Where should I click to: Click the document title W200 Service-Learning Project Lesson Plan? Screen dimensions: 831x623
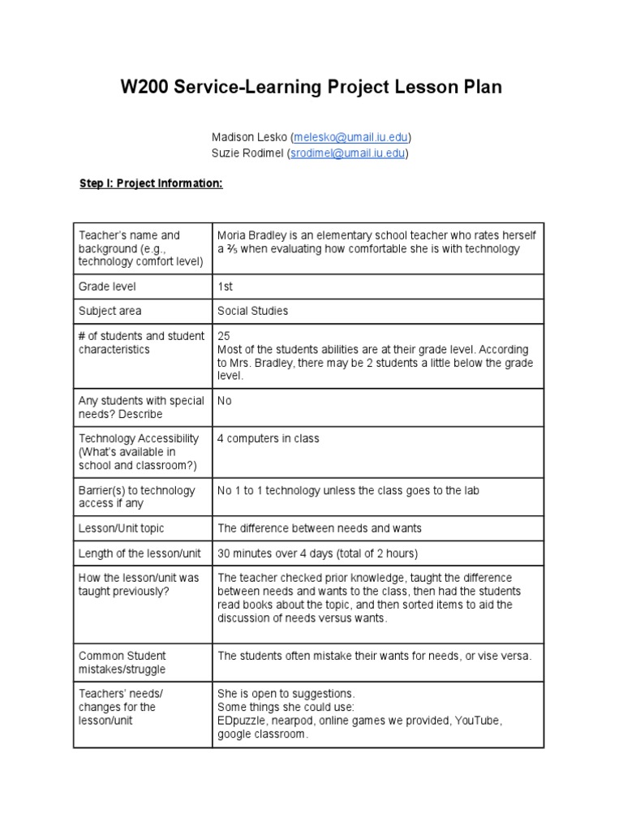click(311, 87)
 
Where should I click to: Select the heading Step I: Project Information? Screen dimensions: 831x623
click(150, 183)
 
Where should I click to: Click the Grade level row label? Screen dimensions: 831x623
click(107, 286)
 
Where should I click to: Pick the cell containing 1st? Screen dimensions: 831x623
click(226, 286)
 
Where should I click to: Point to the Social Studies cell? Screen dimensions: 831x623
click(252, 311)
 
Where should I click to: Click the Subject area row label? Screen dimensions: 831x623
click(110, 311)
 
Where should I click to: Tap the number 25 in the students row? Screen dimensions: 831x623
click(224, 336)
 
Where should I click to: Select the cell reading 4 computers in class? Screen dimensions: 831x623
click(269, 438)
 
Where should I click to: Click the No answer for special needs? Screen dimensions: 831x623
click(225, 400)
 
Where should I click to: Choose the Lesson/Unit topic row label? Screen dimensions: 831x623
click(121, 528)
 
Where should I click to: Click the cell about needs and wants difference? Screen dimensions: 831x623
click(320, 528)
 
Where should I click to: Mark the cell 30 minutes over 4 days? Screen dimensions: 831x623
click(317, 553)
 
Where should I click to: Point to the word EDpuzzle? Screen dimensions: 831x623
click(244, 720)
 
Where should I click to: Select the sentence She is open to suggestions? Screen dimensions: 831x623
click(286, 694)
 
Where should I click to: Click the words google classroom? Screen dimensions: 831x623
click(262, 734)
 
